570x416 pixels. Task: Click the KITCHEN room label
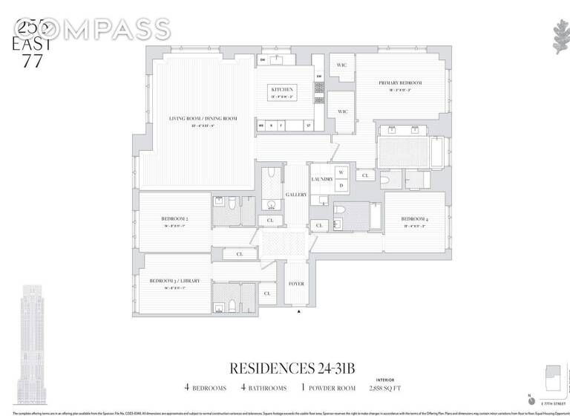click(281, 89)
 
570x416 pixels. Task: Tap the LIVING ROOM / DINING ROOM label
click(192, 119)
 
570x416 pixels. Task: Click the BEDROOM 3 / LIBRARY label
click(175, 281)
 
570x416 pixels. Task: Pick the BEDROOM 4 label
click(415, 219)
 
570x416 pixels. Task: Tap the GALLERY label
click(297, 195)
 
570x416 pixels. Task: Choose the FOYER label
click(295, 283)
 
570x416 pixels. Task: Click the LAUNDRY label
click(321, 180)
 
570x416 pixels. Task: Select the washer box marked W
click(341, 172)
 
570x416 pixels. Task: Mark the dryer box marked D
click(341, 186)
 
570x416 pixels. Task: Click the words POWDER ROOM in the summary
click(328, 388)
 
